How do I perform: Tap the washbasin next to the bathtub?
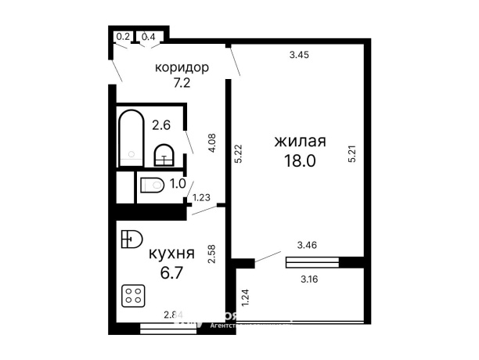point(164,155)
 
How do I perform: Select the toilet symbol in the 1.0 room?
point(152,185)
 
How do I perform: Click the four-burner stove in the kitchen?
point(132,296)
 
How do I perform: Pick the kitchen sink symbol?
point(131,239)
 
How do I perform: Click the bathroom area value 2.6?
point(161,124)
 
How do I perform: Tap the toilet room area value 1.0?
point(178,184)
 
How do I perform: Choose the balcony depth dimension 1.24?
point(244,297)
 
